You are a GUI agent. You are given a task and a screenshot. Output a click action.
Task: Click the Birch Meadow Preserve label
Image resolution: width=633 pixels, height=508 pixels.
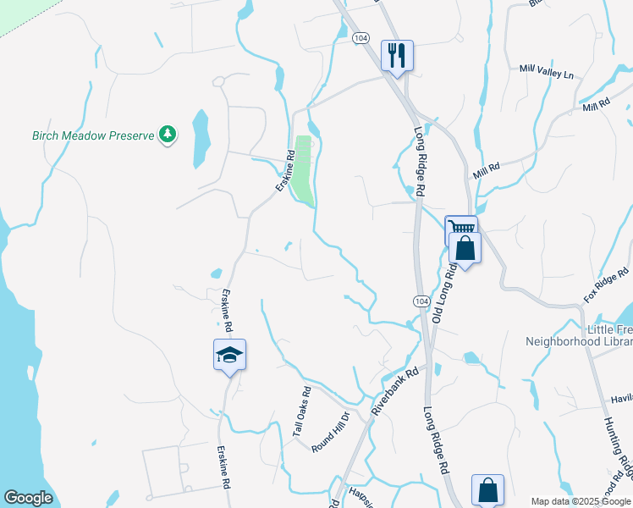tap(93, 135)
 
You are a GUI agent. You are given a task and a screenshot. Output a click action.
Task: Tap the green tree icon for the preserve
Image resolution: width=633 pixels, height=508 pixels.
tap(168, 135)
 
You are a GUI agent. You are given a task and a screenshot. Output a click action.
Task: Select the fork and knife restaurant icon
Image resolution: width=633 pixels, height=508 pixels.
tap(396, 56)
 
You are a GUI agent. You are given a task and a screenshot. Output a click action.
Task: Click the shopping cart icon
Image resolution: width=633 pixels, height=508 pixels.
tap(460, 229)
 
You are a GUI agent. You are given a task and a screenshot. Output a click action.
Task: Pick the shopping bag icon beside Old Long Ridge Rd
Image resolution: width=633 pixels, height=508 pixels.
tap(465, 249)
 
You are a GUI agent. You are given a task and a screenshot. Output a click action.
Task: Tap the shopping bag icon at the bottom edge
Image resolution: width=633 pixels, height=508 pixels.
tap(487, 490)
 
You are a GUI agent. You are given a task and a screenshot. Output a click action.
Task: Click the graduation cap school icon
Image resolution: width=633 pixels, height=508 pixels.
tap(229, 355)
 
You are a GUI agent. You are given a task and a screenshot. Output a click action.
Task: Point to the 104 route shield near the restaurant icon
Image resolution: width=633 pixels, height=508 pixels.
tap(361, 38)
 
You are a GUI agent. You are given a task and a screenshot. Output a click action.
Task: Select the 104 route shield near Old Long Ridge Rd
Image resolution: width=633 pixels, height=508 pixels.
tap(421, 301)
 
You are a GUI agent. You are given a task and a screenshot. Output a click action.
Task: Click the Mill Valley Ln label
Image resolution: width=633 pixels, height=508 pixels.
tap(546, 73)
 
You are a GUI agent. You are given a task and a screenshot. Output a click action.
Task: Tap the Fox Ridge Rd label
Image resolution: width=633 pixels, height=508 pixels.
tap(607, 285)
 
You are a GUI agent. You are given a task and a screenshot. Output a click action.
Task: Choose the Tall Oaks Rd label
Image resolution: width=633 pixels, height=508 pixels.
tap(302, 412)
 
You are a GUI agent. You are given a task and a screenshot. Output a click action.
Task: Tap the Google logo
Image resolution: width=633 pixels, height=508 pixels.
tap(28, 498)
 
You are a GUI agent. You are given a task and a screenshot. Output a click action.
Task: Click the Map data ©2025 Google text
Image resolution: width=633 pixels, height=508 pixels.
tap(580, 501)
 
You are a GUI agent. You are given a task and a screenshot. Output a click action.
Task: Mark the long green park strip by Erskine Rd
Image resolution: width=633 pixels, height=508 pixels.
tap(303, 168)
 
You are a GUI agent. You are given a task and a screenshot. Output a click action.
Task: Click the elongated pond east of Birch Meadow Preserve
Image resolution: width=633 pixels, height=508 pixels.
tap(201, 137)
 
